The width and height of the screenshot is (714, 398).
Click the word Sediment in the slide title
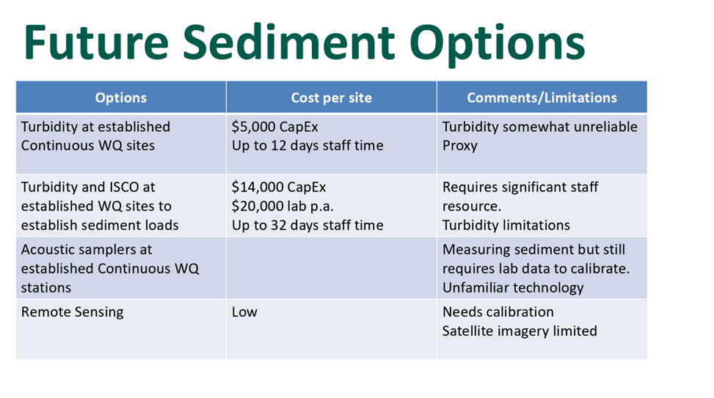pos(288,43)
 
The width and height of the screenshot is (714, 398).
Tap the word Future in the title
pos(96,43)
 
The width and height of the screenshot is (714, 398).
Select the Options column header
pos(120,97)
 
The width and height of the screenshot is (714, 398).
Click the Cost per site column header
pos(332,97)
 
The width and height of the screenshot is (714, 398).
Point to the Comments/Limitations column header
pos(542,97)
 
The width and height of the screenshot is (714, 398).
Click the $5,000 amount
pos(252,127)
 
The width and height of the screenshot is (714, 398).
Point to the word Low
pos(244,312)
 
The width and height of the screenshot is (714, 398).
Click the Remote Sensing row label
pos(73,312)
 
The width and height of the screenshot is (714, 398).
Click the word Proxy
pos(460,146)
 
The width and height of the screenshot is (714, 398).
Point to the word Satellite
pos(467,331)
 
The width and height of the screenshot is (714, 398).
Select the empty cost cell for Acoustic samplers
pos(331,268)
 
